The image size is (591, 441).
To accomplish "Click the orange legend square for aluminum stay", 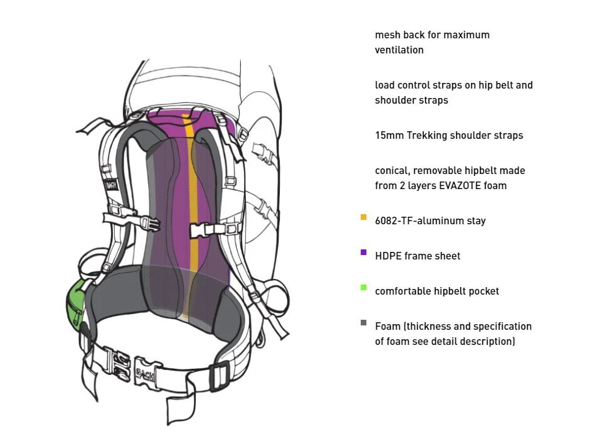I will pyautogui.click(x=363, y=217).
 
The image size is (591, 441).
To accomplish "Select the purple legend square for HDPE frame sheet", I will pyautogui.click(x=363, y=253).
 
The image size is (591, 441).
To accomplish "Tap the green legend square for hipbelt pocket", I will pyautogui.click(x=363, y=288).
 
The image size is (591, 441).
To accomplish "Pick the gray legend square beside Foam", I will pyautogui.click(x=363, y=323).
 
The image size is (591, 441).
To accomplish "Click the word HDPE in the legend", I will pyautogui.click(x=388, y=256).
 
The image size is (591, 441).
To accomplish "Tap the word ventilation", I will pyautogui.click(x=399, y=50).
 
